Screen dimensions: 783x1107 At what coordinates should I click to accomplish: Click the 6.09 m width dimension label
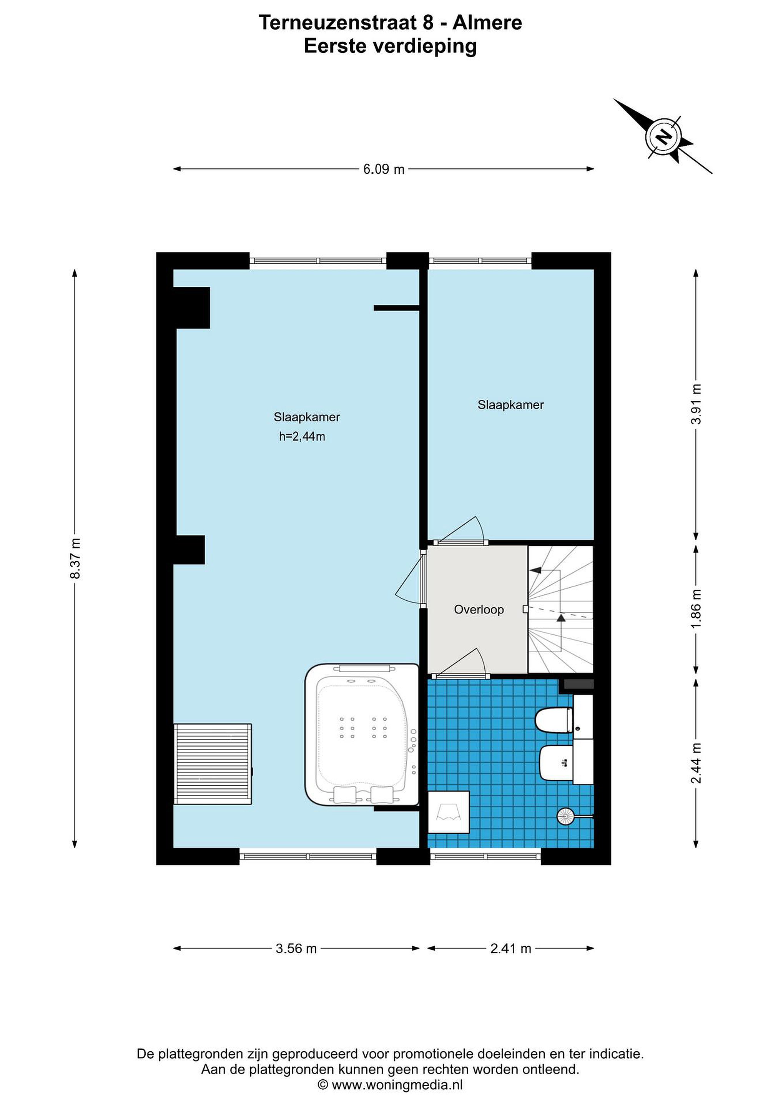pos(383,169)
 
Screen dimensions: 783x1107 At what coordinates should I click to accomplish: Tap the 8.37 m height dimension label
pos(75,559)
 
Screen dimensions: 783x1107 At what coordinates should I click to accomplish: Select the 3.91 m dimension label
pos(696,404)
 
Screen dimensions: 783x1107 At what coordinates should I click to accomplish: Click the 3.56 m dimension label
pos(296,949)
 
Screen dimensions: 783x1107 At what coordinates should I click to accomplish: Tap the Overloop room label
pos(479,610)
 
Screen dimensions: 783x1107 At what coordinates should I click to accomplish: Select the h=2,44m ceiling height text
pos(302,437)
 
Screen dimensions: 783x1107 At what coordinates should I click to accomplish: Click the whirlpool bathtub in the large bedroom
pos(362,734)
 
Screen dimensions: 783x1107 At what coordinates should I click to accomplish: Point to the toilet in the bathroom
pos(554,720)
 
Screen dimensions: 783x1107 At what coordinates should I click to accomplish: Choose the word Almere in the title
pos(487,23)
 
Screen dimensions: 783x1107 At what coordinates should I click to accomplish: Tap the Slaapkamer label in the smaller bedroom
pos(510,405)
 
